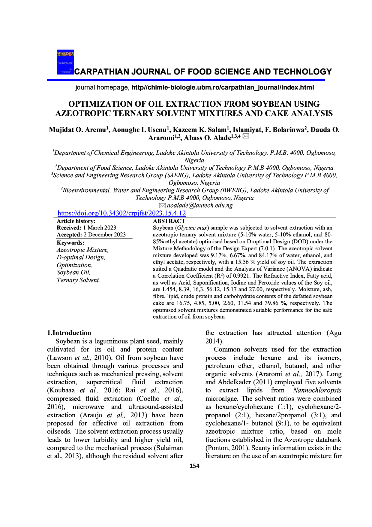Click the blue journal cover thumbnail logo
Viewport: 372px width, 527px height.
65,62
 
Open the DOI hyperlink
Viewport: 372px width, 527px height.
121,213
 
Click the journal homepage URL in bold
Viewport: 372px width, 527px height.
223,87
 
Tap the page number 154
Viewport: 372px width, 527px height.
194,466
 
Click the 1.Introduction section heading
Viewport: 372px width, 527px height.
69,333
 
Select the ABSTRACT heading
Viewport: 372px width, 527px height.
169,221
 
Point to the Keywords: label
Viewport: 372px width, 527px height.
70,243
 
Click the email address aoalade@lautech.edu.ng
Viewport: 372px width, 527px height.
200,206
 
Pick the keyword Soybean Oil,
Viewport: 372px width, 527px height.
73,272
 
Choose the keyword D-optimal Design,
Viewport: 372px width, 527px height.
81,257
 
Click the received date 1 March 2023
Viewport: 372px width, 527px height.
100,228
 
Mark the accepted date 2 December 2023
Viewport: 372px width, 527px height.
105,235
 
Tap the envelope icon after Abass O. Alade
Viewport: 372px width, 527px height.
246,136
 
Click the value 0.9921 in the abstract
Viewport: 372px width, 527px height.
241,276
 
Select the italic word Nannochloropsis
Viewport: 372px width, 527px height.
317,390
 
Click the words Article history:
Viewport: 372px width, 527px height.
76,221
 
